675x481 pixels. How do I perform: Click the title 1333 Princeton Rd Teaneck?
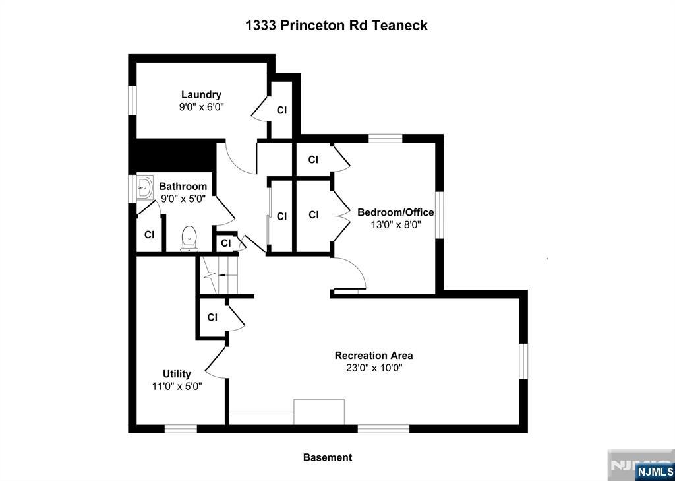click(336, 26)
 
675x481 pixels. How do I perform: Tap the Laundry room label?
click(201, 94)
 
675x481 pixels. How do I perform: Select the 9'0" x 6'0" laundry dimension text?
click(201, 106)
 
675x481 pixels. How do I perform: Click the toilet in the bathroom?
click(189, 239)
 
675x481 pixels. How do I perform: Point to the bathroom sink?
click(144, 187)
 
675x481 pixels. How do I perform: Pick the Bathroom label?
click(183, 187)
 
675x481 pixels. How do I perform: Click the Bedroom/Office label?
click(396, 212)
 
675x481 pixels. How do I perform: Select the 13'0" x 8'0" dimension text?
click(396, 224)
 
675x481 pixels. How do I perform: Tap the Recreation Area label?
click(374, 356)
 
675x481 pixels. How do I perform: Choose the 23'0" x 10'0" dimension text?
click(374, 368)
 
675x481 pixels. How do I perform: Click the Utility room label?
click(177, 374)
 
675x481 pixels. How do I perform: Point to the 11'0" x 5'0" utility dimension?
click(177, 386)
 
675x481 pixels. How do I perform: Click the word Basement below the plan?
click(328, 457)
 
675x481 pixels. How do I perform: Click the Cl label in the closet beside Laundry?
click(281, 110)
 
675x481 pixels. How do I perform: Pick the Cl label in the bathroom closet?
click(149, 235)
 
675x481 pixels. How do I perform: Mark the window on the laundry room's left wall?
click(132, 100)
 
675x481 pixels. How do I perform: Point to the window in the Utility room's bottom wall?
click(181, 429)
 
